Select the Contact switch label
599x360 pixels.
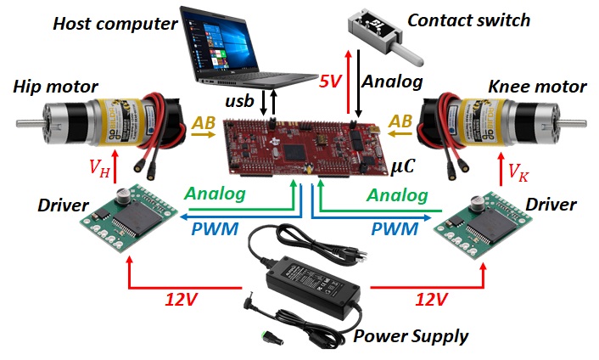pyautogui.click(x=468, y=19)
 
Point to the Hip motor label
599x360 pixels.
pyautogui.click(x=55, y=87)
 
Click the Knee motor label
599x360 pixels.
pyautogui.click(x=538, y=87)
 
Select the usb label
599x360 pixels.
pyautogui.click(x=239, y=101)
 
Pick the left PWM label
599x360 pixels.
pyautogui.click(x=215, y=228)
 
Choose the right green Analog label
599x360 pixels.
pyautogui.click(x=396, y=196)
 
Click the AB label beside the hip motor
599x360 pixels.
pyautogui.click(x=204, y=123)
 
